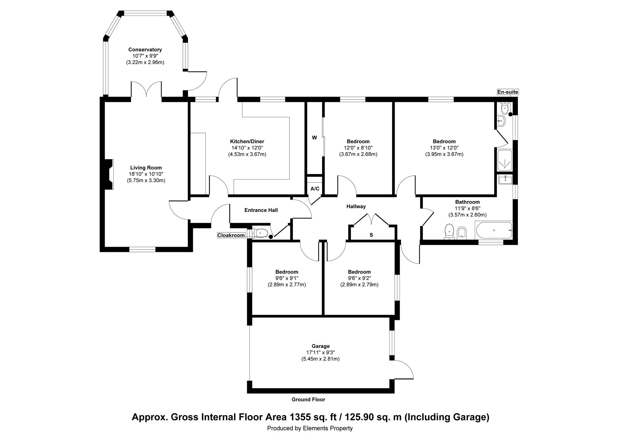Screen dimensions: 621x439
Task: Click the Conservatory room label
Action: point(145,50)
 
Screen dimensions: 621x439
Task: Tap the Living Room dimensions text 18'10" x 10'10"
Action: point(146,174)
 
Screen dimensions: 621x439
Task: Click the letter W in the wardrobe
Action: point(315,138)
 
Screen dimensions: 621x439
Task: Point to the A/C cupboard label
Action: point(315,189)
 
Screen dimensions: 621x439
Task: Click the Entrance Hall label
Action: point(261,210)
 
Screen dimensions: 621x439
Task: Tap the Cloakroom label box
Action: point(231,235)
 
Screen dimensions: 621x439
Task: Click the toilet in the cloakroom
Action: point(260,232)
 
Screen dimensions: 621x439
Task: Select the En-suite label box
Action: point(508,92)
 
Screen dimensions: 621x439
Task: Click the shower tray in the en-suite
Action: point(505,160)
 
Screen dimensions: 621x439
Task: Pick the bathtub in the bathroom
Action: point(494,230)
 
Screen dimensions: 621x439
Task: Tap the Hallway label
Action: point(356,207)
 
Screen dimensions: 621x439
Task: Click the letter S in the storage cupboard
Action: point(371,235)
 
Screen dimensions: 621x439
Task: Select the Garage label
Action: point(321,346)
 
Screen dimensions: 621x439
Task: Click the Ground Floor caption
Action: point(308,400)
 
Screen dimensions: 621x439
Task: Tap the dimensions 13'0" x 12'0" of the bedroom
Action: point(444,148)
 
